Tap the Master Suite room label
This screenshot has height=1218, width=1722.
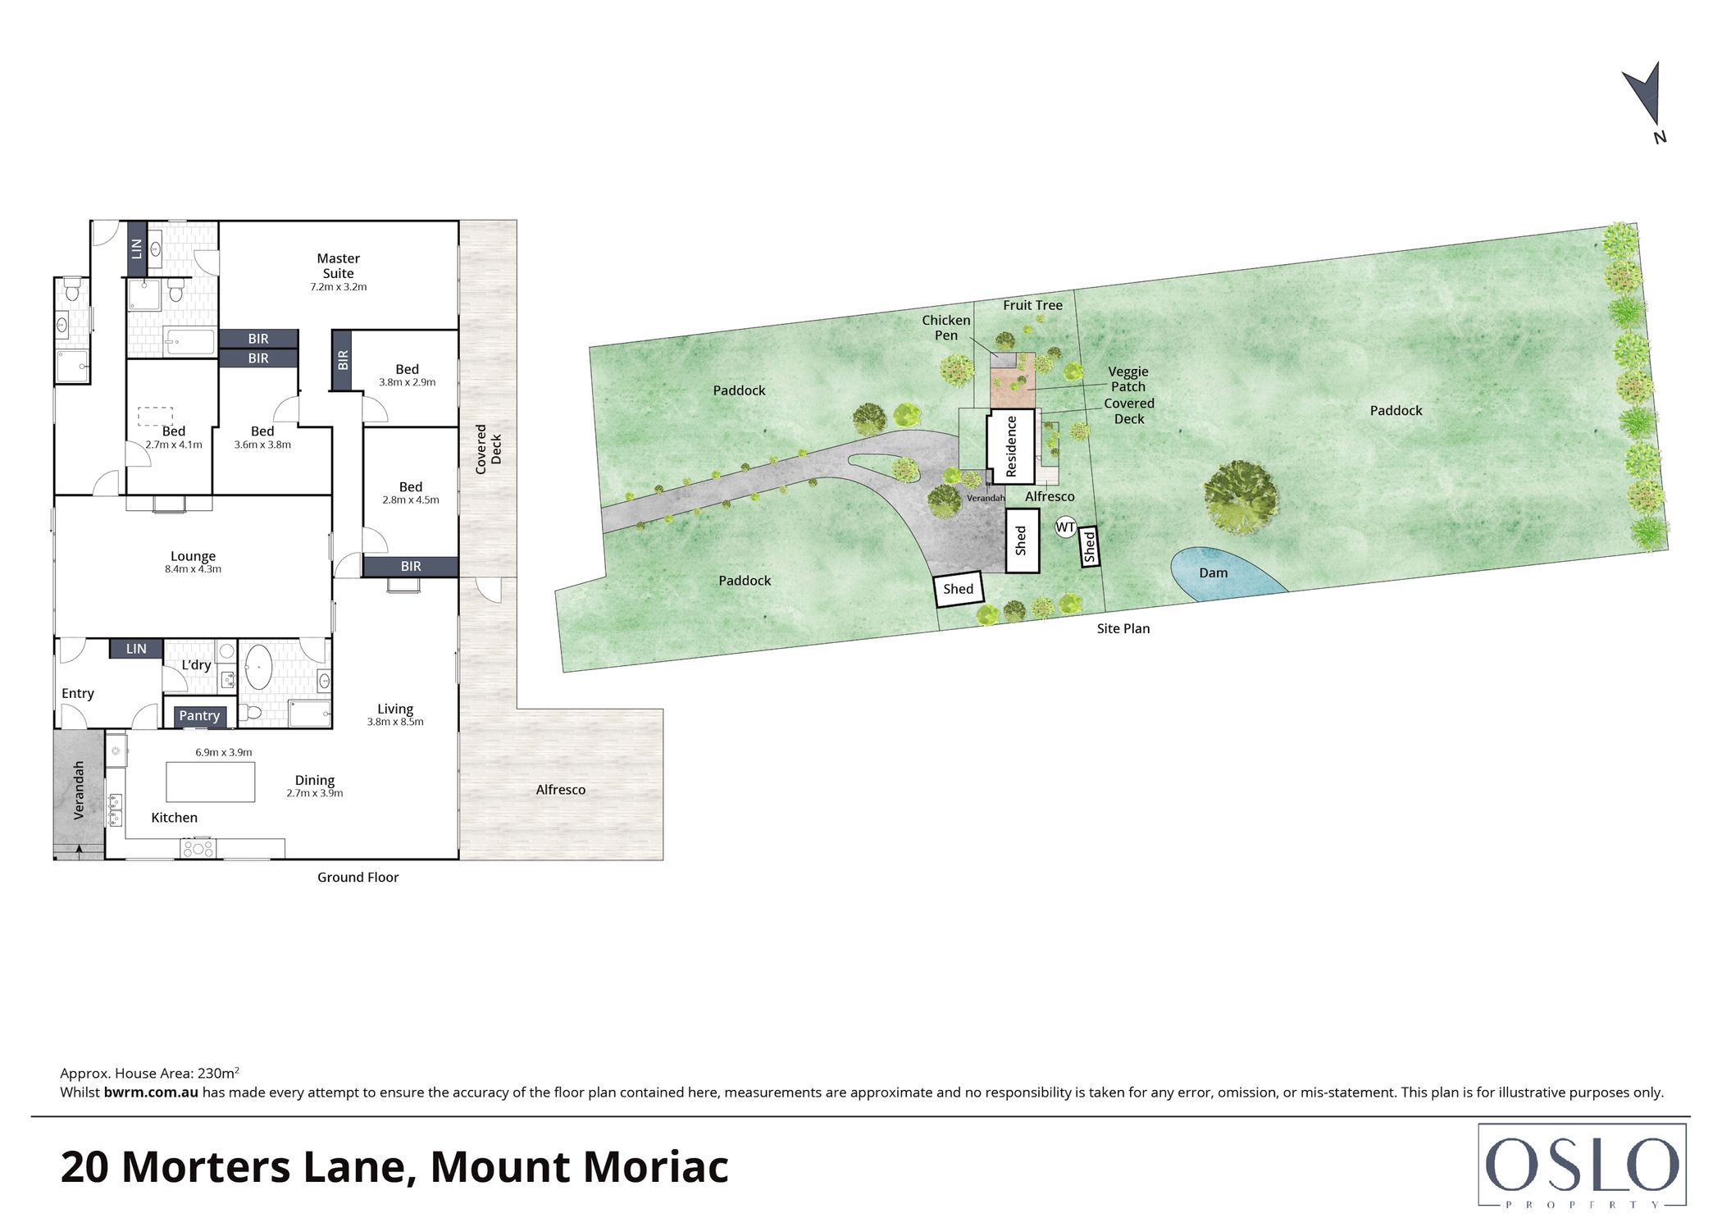pos(338,266)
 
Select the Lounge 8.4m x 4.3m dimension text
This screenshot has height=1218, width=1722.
pos(193,569)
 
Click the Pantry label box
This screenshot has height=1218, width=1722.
pos(199,715)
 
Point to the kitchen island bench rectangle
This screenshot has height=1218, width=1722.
pos(210,782)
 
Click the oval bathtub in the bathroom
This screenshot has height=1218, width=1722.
pos(259,667)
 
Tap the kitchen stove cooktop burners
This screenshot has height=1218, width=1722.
pos(198,848)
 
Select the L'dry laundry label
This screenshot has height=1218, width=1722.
pos(196,664)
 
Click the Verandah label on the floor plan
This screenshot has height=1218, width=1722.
pos(79,790)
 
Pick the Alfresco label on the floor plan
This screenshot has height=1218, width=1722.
pos(560,790)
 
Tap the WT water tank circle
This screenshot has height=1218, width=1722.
pos(1065,527)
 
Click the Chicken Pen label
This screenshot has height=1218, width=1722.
pos(945,327)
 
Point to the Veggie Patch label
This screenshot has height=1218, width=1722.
pos(1127,379)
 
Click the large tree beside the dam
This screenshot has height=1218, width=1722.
pos(1240,496)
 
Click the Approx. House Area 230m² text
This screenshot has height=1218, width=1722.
pos(149,1073)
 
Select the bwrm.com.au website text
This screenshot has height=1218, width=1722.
pos(151,1093)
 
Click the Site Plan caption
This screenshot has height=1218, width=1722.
pos(1123,628)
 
